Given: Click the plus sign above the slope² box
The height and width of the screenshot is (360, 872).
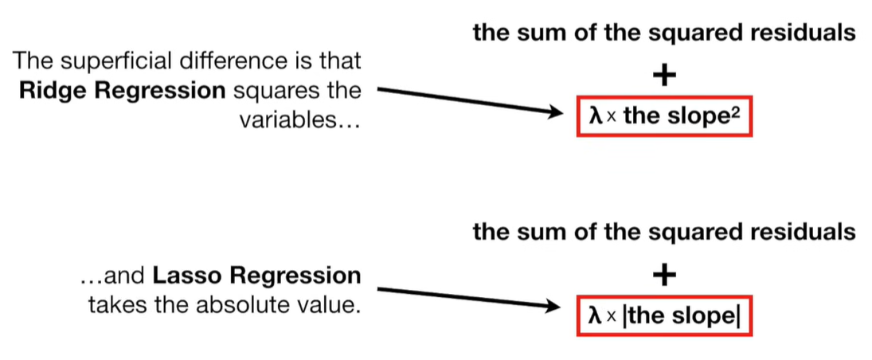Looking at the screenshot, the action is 664,76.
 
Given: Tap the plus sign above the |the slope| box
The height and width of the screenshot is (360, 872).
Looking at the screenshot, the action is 664,276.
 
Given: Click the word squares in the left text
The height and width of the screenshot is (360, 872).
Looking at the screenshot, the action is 268,91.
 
